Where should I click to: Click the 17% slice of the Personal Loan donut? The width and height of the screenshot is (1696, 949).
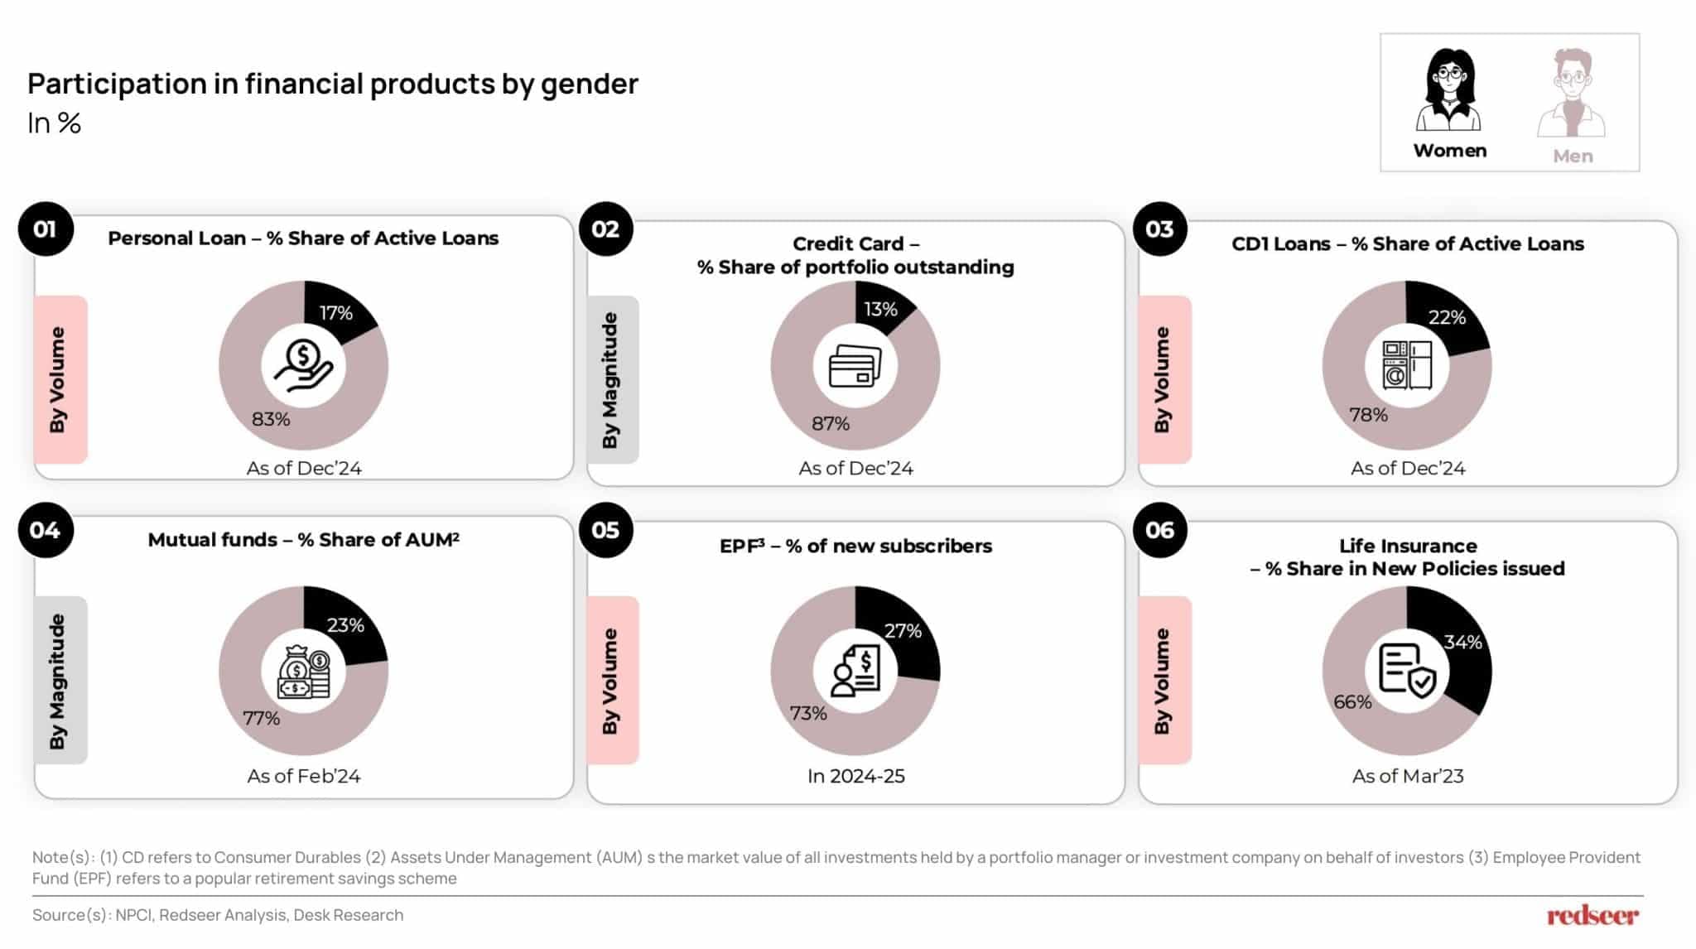[340, 311]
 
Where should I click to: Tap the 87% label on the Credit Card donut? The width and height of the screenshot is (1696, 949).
[831, 423]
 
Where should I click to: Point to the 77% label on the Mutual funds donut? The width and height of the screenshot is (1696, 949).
[261, 718]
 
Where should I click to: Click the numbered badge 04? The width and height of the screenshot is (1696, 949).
[46, 530]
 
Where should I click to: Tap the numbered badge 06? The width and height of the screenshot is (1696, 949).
[1159, 530]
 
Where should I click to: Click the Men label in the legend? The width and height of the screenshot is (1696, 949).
[1573, 156]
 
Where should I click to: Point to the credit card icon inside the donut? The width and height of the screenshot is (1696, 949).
[855, 365]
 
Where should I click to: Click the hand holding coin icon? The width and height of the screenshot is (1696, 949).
[303, 365]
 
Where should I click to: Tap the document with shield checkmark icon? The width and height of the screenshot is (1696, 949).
[1407, 671]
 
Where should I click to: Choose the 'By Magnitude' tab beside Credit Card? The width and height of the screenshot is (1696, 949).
[613, 379]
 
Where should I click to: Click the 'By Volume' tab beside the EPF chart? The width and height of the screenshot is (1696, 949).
[613, 680]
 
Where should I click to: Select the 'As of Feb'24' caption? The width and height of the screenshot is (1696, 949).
[304, 776]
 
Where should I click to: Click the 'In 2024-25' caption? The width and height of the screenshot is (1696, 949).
[856, 776]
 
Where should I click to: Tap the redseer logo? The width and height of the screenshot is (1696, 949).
[1592, 915]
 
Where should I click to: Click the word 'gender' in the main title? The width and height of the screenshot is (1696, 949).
[590, 84]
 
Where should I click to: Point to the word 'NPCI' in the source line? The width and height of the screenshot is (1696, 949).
[132, 915]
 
